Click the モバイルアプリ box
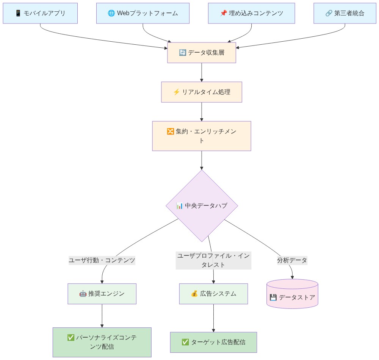pos(40,13)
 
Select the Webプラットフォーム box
pos(143,13)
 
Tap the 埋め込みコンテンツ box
pos(251,13)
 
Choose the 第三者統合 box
pos(345,13)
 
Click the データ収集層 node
pos(202,53)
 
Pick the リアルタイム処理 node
pos(202,92)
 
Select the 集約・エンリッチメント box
pos(202,136)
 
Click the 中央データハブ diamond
pos(202,206)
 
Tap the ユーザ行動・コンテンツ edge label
pos(102,260)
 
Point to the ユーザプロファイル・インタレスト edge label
pos(213,260)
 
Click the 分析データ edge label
pos(292,260)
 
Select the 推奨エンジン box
pos(102,294)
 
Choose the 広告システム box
pos(213,294)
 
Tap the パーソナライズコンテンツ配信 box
pos(102,342)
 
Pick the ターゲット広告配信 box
pos(213,342)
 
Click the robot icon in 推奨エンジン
pos(83,294)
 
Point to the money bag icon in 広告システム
pos(194,294)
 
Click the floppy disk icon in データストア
pos(273,297)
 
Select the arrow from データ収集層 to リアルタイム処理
pos(202,72)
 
